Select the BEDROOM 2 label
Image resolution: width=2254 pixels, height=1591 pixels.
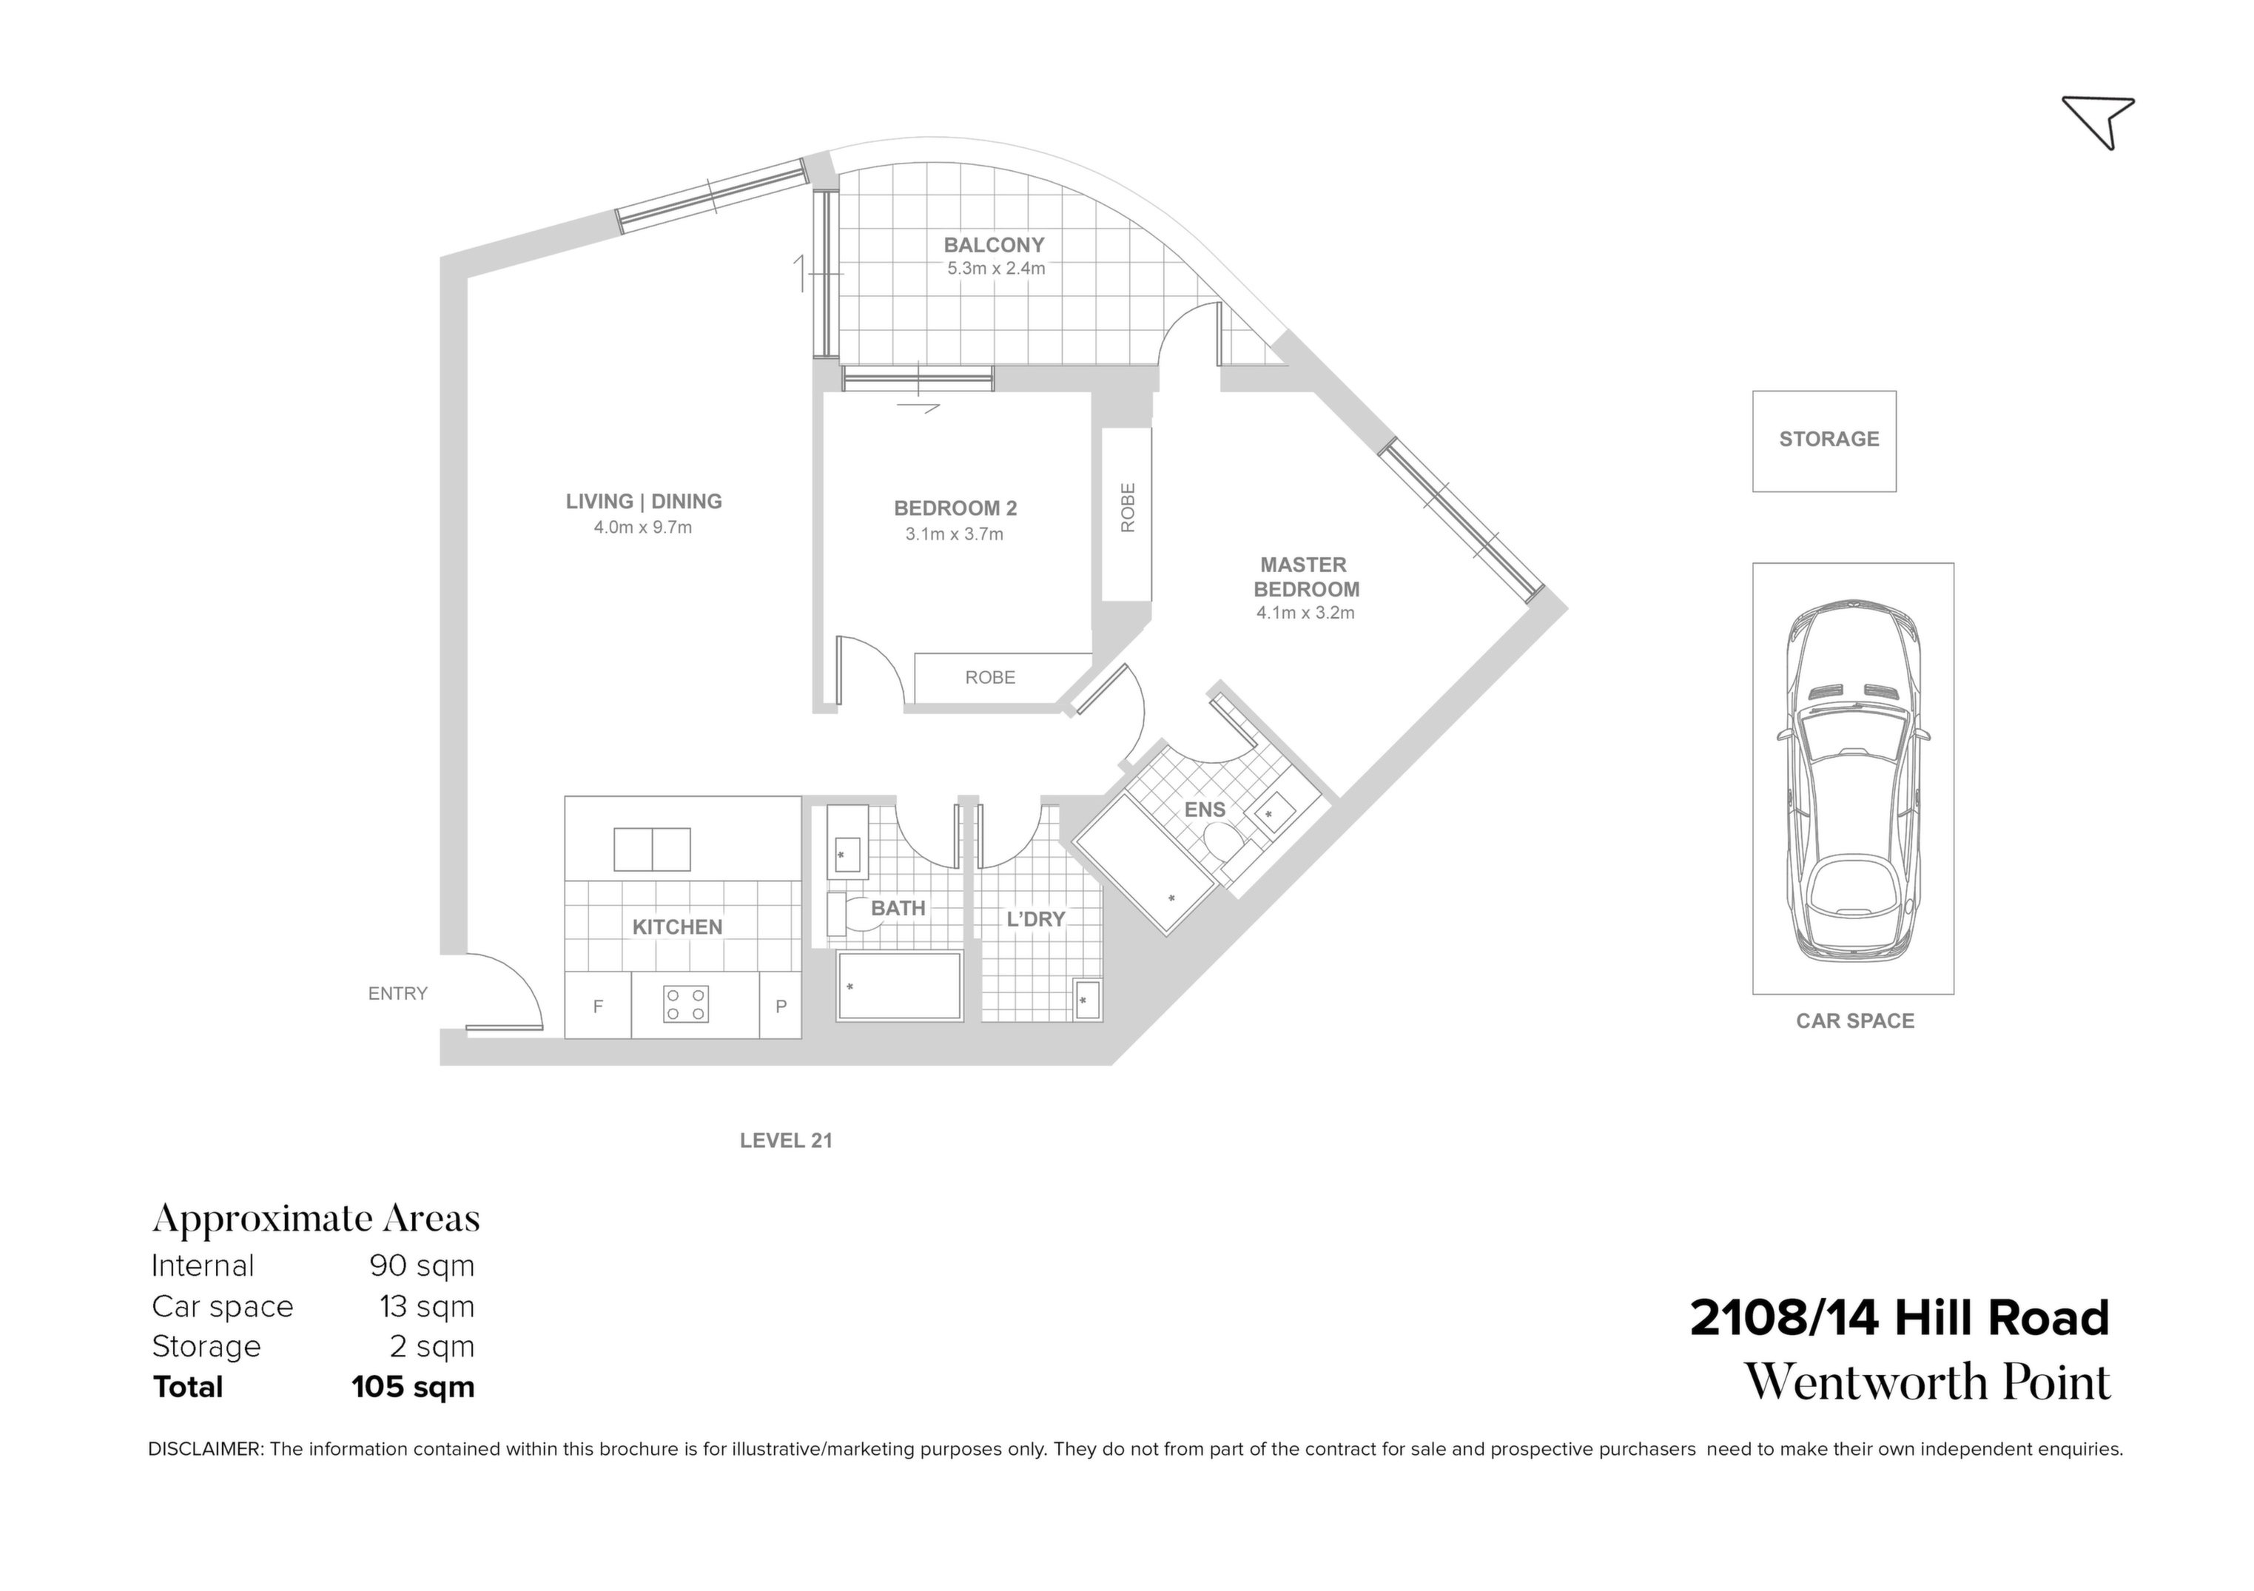click(955, 508)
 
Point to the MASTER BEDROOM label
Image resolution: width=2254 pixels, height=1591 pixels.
click(1305, 577)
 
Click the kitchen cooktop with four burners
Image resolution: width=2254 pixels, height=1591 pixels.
click(685, 1004)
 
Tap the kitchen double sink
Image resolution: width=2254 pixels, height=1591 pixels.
click(652, 849)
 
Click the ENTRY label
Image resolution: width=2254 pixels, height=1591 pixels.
click(397, 993)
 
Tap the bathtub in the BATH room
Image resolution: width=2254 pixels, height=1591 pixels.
click(898, 986)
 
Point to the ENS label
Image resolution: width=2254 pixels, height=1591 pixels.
click(1205, 810)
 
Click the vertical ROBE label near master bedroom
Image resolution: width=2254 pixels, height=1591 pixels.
click(1127, 508)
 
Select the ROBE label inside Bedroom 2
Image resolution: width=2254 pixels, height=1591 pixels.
click(989, 677)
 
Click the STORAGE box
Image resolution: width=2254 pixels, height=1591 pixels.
click(1824, 441)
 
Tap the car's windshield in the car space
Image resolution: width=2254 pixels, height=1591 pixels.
click(1851, 737)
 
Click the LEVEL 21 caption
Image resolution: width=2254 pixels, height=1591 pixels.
click(785, 1140)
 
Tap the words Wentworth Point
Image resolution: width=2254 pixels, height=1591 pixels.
click(1926, 1383)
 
